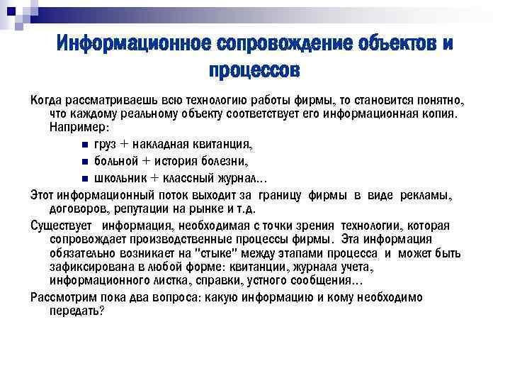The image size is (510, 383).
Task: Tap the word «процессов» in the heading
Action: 254,71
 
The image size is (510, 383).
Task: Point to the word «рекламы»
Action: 427,194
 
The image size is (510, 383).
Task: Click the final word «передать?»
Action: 76,310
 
